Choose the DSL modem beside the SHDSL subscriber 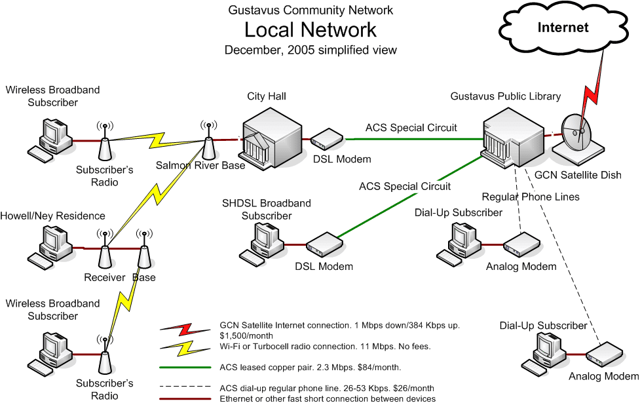pyautogui.click(x=324, y=245)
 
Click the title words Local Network pyautogui.click(x=311, y=30)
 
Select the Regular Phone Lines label pyautogui.click(x=530, y=197)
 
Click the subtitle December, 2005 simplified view pyautogui.click(x=311, y=50)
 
